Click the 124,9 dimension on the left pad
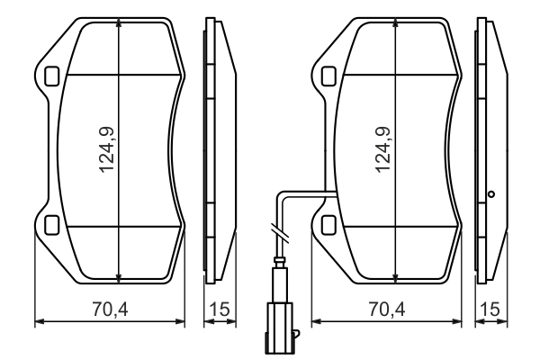[108, 150]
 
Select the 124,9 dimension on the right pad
[384, 150]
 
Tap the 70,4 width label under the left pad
[109, 310]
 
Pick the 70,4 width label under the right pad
[386, 310]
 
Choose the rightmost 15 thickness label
[490, 310]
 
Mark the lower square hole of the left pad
[51, 225]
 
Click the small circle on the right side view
[490, 193]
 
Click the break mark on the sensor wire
[280, 233]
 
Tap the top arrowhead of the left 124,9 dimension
[120, 25]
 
